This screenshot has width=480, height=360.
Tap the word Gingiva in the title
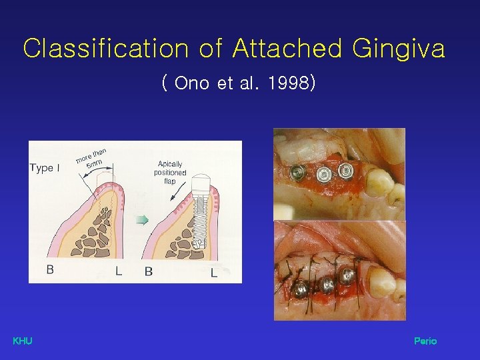point(399,49)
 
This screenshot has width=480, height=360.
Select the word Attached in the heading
point(287,49)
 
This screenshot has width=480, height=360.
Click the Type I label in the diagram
point(45,168)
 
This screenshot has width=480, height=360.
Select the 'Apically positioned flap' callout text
point(170,173)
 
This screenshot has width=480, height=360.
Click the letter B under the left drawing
point(50,270)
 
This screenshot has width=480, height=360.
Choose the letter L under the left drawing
point(118,271)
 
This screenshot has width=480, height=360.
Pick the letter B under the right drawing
point(148,271)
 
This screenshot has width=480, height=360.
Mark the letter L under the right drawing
point(213,272)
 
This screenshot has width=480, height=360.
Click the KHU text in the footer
point(23,341)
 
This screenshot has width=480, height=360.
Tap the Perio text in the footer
point(425,341)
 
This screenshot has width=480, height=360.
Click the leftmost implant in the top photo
point(295,172)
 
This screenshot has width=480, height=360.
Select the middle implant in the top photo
point(323,174)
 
